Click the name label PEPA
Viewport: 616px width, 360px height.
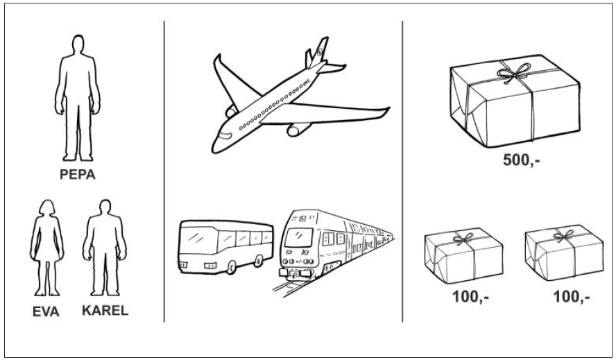point(78,175)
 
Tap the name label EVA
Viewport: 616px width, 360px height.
point(46,311)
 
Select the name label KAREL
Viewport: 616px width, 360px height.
point(105,311)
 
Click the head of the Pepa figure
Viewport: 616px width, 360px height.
point(78,44)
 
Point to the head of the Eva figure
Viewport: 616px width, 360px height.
point(47,208)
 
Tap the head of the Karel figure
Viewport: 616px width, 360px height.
point(105,207)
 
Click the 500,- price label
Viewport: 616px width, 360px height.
point(522,160)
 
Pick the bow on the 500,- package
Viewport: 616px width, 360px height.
point(513,72)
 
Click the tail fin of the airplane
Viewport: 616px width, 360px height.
point(319,52)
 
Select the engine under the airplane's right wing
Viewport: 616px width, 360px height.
point(298,129)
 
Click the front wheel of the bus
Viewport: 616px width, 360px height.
point(232,268)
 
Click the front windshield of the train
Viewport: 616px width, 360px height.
point(299,238)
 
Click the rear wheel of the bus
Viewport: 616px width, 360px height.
point(259,261)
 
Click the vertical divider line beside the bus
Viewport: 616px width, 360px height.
point(164,171)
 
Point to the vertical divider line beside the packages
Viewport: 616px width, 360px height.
point(402,171)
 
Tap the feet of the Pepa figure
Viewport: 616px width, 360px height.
point(78,157)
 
